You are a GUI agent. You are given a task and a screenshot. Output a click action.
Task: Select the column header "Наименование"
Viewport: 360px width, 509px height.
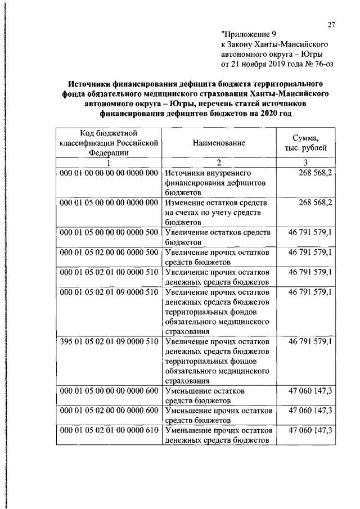click(x=219, y=143)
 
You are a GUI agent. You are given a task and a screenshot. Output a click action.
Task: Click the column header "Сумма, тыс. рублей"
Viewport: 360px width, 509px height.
click(x=306, y=143)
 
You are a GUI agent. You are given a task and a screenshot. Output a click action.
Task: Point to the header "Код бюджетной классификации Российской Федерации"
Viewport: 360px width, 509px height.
click(x=109, y=143)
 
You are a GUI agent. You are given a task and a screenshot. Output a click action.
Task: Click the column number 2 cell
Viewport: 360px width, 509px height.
click(x=219, y=163)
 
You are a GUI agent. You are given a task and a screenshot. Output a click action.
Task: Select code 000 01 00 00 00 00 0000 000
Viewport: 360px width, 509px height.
click(x=109, y=173)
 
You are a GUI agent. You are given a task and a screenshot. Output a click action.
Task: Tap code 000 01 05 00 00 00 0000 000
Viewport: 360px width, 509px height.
click(x=109, y=202)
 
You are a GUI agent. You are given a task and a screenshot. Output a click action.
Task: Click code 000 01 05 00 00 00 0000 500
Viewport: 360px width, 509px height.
click(x=109, y=232)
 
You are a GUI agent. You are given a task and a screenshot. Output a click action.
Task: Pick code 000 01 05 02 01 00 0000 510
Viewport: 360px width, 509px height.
click(x=109, y=272)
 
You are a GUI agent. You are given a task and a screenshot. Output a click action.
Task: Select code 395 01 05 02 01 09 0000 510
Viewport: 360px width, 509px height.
click(x=109, y=342)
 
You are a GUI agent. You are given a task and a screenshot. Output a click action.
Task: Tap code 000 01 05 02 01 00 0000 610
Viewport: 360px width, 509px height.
click(x=109, y=431)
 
